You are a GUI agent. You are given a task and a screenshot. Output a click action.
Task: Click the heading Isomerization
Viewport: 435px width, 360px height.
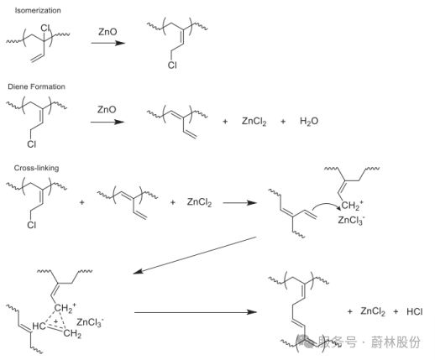pyautogui.click(x=38, y=11)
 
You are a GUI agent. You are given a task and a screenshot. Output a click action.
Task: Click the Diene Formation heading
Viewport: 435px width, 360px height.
pyautogui.click(x=36, y=86)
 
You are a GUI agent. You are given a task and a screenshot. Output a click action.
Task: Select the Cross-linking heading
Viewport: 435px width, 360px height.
pyautogui.click(x=36, y=168)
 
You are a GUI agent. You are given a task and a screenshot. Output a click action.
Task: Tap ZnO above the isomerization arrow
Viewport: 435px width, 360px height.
pyautogui.click(x=107, y=32)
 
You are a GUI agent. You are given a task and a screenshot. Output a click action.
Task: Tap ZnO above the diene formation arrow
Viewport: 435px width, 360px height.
pyautogui.click(x=107, y=109)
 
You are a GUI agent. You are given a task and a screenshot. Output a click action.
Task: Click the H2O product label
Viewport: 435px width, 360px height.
pyautogui.click(x=309, y=122)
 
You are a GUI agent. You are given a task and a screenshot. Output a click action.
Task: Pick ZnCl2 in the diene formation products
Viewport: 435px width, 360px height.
pyautogui.click(x=254, y=122)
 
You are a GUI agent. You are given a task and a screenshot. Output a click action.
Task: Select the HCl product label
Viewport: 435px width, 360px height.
pyautogui.click(x=414, y=311)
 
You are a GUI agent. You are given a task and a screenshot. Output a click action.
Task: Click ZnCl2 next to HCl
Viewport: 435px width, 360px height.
pyautogui.click(x=373, y=311)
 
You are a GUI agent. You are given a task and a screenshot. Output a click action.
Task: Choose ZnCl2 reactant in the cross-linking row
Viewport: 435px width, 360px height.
pyautogui.click(x=199, y=202)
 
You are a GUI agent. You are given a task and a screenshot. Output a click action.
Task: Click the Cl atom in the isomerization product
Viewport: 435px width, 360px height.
pyautogui.click(x=172, y=65)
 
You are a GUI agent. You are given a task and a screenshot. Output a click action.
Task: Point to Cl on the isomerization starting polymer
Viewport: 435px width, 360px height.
pyautogui.click(x=45, y=28)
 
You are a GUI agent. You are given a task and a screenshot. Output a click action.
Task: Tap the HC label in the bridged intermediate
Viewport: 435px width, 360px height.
pyautogui.click(x=39, y=326)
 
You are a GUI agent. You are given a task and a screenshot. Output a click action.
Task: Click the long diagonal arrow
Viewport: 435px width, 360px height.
pyautogui.click(x=195, y=255)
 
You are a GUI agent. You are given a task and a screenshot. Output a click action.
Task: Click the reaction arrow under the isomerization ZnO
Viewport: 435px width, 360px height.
pyautogui.click(x=108, y=43)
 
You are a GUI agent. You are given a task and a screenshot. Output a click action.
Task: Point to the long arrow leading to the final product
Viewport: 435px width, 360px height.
pyautogui.click(x=196, y=312)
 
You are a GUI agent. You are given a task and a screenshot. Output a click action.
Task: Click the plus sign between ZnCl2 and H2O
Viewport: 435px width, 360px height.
pyautogui.click(x=283, y=122)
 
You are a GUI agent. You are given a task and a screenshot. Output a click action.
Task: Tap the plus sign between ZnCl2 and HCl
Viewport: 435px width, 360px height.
pyautogui.click(x=396, y=311)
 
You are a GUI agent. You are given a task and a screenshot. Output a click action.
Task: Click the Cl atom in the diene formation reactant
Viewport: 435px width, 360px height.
pyautogui.click(x=32, y=144)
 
